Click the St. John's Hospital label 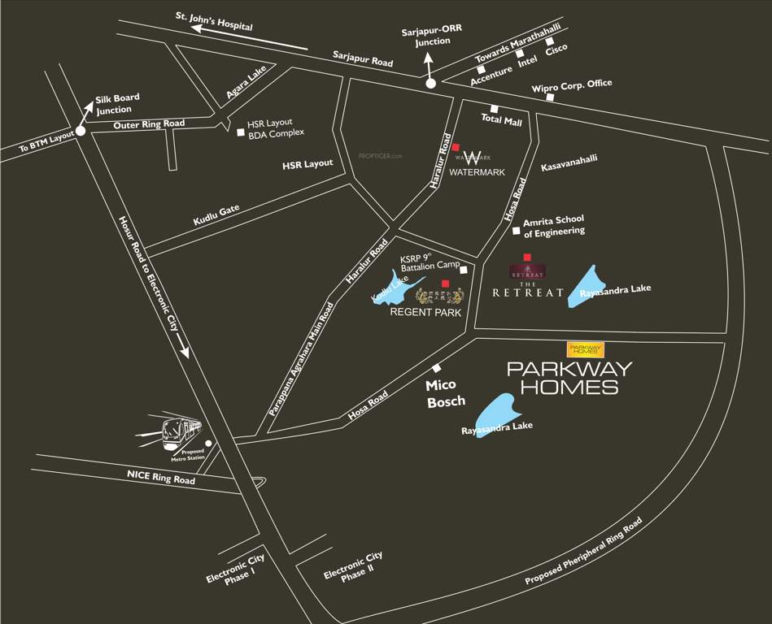point(215,20)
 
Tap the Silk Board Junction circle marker point(81,131)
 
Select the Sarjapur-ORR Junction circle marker point(430,83)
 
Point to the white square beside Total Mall point(494,109)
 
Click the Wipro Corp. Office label point(571,85)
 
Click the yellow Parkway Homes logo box point(586,349)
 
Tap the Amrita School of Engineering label point(554,226)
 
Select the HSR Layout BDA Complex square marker point(240,132)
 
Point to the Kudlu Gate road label point(216,215)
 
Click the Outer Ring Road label point(149,124)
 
